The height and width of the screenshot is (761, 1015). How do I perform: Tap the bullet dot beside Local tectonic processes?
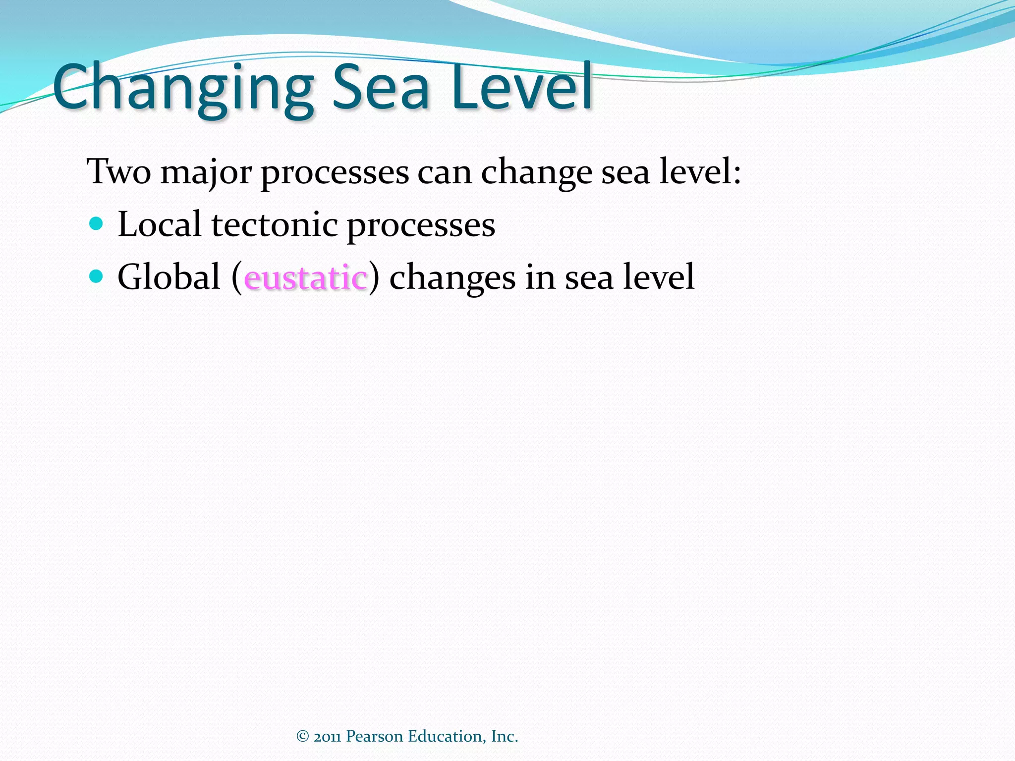[x=96, y=223]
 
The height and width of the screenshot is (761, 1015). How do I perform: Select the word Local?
[x=159, y=224]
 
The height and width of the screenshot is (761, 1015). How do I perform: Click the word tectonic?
[x=275, y=224]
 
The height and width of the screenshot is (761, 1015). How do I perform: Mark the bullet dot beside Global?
[x=96, y=275]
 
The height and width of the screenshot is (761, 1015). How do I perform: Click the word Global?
[x=169, y=276]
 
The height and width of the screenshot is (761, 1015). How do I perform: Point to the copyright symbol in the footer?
[x=302, y=736]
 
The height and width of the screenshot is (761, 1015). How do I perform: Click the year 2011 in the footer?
[x=327, y=737]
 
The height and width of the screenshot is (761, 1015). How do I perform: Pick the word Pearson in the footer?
[x=374, y=736]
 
